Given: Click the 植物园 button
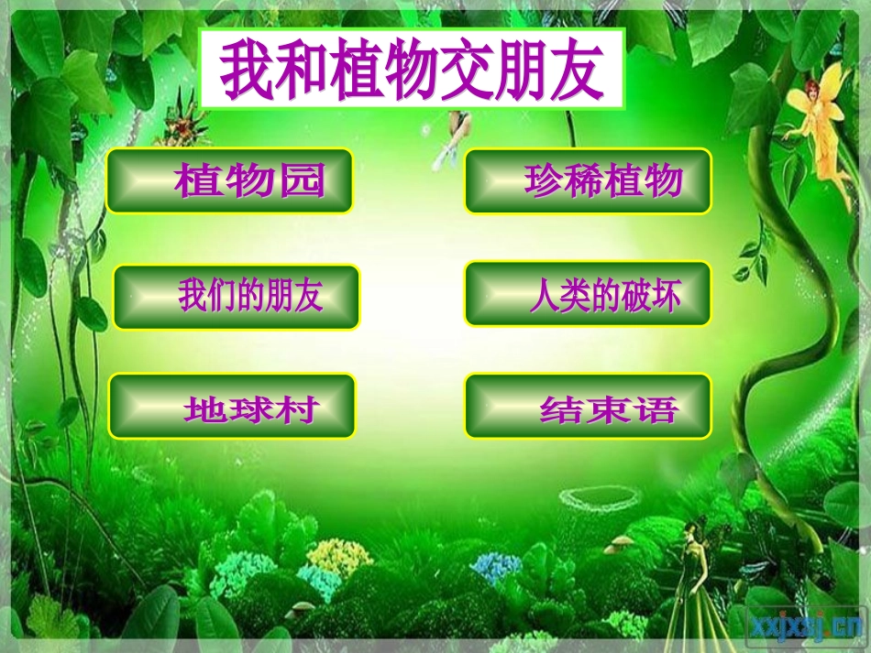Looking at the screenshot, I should coord(229,181).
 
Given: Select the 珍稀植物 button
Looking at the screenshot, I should coord(588,181).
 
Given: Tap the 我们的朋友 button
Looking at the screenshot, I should coord(237,297).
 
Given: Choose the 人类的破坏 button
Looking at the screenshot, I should coord(588,294).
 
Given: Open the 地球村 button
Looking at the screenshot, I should coord(232,407).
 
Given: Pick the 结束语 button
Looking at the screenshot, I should coord(588,407).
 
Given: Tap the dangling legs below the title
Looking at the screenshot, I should coord(454,137).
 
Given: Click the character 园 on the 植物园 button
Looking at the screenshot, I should coord(302,181).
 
